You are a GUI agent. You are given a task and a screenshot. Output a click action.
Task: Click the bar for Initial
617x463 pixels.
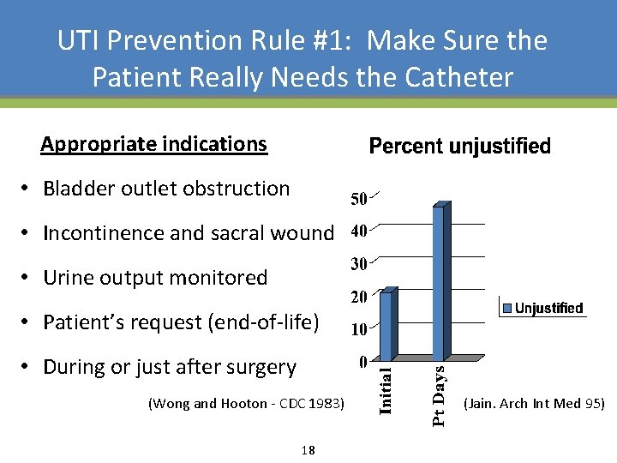[386, 325]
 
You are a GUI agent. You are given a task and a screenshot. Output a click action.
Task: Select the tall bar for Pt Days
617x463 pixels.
[440, 282]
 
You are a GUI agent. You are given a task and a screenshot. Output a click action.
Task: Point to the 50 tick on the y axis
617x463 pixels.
[358, 199]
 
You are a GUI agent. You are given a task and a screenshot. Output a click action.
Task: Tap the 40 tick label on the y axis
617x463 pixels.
[358, 231]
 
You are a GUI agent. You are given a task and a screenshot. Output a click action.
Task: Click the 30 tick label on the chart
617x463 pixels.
[358, 264]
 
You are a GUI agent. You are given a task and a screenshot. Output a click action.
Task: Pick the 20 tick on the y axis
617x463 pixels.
[358, 297]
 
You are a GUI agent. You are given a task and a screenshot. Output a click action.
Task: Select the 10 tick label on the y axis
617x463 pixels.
[358, 329]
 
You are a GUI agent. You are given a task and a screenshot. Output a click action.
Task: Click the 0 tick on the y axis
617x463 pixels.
[363, 361]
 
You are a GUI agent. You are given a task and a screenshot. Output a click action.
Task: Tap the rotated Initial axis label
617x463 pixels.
[386, 391]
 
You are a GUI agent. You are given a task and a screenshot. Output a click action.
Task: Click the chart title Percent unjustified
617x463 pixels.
[459, 147]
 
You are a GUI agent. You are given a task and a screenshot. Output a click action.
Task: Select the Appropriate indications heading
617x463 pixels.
[154, 144]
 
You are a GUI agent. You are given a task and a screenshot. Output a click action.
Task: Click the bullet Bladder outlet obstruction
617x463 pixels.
[166, 189]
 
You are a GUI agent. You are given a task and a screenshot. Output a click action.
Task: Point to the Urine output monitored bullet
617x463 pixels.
[155, 278]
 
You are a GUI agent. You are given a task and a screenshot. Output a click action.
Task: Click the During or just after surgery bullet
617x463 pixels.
[169, 367]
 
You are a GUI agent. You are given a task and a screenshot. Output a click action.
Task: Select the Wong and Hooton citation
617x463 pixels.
[246, 404]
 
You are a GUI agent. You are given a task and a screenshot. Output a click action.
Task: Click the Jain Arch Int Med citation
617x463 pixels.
[533, 403]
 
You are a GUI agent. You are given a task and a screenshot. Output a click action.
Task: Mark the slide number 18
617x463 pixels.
[308, 450]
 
